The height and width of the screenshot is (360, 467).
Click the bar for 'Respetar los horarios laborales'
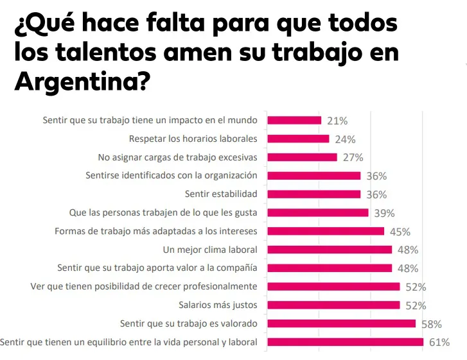click(x=298, y=139)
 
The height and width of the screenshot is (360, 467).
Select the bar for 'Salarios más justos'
click(x=333, y=305)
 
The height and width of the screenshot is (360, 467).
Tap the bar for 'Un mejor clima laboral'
click(x=330, y=250)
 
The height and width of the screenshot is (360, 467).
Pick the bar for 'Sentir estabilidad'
click(x=313, y=194)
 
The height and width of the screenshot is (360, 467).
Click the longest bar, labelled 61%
click(x=345, y=342)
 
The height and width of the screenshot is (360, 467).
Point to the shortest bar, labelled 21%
click(x=294, y=120)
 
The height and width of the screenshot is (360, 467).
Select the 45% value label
click(x=400, y=232)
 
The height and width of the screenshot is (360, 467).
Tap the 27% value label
click(x=353, y=157)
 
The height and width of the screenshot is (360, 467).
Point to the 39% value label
click(x=384, y=213)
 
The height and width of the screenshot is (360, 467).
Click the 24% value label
click(x=345, y=139)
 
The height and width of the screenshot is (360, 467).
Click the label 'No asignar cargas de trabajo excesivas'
click(x=178, y=157)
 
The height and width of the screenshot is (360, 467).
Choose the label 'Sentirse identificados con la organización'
click(x=172, y=175)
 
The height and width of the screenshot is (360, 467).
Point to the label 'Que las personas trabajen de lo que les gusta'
click(x=163, y=212)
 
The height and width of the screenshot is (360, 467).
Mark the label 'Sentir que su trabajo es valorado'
click(x=189, y=323)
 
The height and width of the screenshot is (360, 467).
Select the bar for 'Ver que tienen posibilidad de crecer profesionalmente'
click(x=333, y=287)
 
